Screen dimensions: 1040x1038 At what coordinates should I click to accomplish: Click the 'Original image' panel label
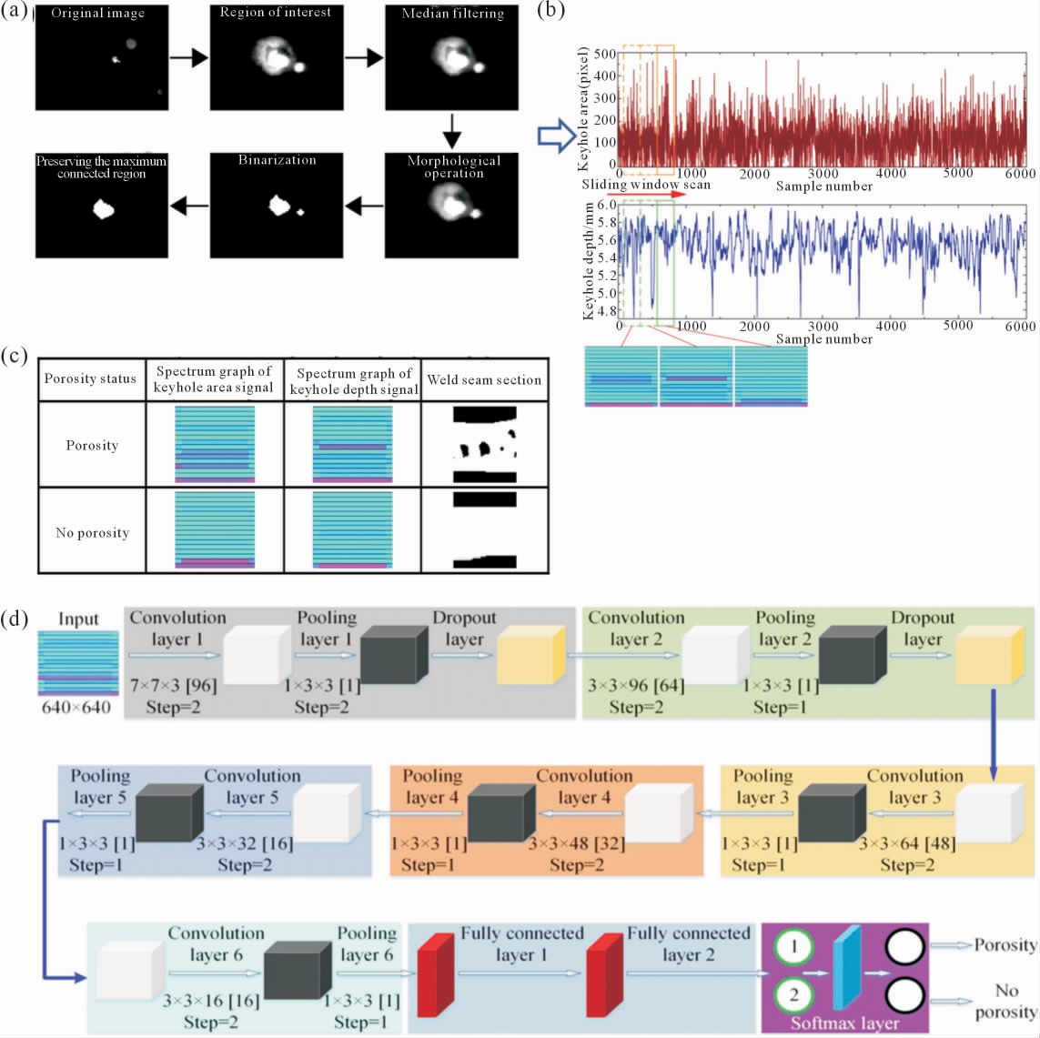click(x=97, y=14)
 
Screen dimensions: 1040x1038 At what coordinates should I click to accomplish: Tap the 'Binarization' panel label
click(x=278, y=160)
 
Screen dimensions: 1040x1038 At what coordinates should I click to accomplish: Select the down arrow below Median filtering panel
click(x=451, y=131)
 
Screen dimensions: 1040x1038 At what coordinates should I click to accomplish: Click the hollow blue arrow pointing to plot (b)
click(x=557, y=136)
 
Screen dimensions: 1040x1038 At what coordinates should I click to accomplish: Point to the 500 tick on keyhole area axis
click(x=605, y=54)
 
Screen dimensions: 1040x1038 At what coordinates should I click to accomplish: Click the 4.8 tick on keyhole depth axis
click(x=607, y=310)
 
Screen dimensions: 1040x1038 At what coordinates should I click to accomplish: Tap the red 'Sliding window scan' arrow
click(x=646, y=195)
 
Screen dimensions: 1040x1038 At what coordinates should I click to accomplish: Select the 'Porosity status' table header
click(x=90, y=378)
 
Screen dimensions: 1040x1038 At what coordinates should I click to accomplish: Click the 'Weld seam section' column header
click(x=484, y=380)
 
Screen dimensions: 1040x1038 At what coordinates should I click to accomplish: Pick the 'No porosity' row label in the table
click(x=92, y=532)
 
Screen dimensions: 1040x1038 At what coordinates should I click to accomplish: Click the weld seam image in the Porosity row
click(x=485, y=444)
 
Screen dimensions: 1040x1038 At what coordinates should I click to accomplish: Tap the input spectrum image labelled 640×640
click(x=78, y=663)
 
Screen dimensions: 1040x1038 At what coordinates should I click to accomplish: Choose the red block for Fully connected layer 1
click(x=436, y=974)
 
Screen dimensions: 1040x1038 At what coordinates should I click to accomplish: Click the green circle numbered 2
click(x=794, y=995)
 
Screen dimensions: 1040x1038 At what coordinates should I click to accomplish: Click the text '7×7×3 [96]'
click(x=174, y=685)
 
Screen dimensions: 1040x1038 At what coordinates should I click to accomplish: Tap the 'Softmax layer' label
click(x=845, y=1023)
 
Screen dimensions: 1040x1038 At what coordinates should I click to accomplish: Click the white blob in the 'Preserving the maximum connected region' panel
click(x=103, y=209)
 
